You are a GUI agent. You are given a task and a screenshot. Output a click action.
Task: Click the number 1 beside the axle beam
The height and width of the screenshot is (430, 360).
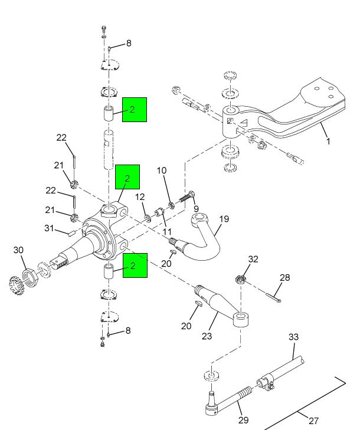328,141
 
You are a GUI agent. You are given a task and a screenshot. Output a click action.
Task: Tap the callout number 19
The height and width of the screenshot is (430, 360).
224,219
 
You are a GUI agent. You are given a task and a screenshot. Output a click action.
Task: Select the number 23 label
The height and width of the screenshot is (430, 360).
207,337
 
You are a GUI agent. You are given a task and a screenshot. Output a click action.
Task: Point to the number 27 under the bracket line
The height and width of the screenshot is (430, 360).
313,421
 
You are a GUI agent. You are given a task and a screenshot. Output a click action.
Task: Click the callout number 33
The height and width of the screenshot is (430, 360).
293,337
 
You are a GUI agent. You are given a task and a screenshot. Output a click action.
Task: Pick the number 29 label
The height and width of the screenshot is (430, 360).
244,420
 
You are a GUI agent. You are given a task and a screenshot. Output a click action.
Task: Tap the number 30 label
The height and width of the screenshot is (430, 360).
19,250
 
